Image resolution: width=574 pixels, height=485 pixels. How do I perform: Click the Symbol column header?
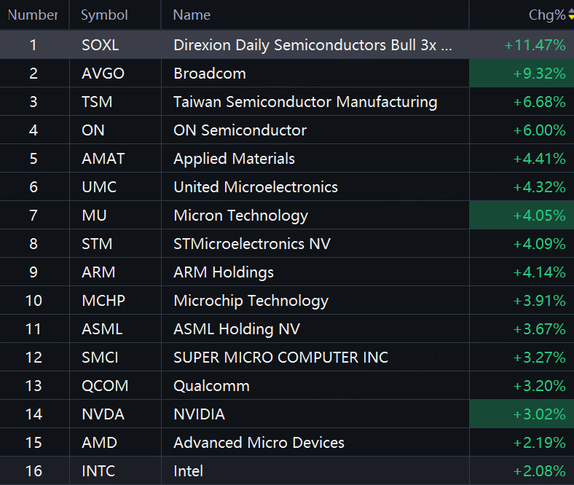pos(104,15)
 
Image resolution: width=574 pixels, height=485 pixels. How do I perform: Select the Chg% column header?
pos(547,15)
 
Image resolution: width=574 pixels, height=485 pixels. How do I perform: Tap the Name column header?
pos(192,15)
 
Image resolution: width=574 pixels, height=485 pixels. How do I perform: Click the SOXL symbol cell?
pos(101,45)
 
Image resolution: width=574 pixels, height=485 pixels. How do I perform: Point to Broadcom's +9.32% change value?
pos(539,74)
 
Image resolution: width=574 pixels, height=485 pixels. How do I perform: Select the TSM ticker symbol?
pos(97,102)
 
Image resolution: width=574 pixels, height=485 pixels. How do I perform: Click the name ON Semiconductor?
pos(240,130)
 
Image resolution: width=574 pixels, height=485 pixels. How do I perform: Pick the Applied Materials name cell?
pos(234,159)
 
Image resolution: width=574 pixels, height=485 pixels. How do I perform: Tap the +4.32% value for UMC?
pos(539,187)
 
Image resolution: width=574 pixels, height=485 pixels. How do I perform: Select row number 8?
pos(34,244)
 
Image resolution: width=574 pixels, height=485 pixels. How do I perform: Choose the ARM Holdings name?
pos(224,272)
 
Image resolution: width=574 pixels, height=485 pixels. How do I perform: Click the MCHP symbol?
pos(103,301)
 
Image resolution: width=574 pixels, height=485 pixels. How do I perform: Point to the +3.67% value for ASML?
pos(539,329)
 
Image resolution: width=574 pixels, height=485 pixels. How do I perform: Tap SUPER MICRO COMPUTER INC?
pos(280,358)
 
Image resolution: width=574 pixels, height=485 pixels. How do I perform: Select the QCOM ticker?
pos(105,386)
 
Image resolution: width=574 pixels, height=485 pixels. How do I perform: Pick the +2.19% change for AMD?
pos(539,443)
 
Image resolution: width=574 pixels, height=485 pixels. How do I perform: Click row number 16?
pos(34,471)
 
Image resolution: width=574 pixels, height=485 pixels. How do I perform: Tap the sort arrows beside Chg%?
pos(571,15)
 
